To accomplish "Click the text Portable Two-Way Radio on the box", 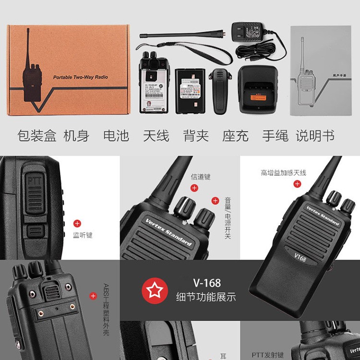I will coord(80,77).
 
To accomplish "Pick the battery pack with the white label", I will coord(190,91).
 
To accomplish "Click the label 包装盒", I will coord(36,136).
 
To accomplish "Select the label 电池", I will coord(116,136).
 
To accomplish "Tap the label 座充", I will coord(235,136).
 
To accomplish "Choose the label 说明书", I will coord(315,136).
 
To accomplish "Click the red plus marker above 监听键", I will coord(77,223).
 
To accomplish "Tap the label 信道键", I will coord(201,177).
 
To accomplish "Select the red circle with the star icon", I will coord(155,291).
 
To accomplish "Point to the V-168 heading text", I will coord(207,283).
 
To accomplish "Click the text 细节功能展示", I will coord(206,298).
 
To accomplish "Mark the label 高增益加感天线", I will coord(283,173).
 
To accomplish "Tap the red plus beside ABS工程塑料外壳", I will coord(93,296).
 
